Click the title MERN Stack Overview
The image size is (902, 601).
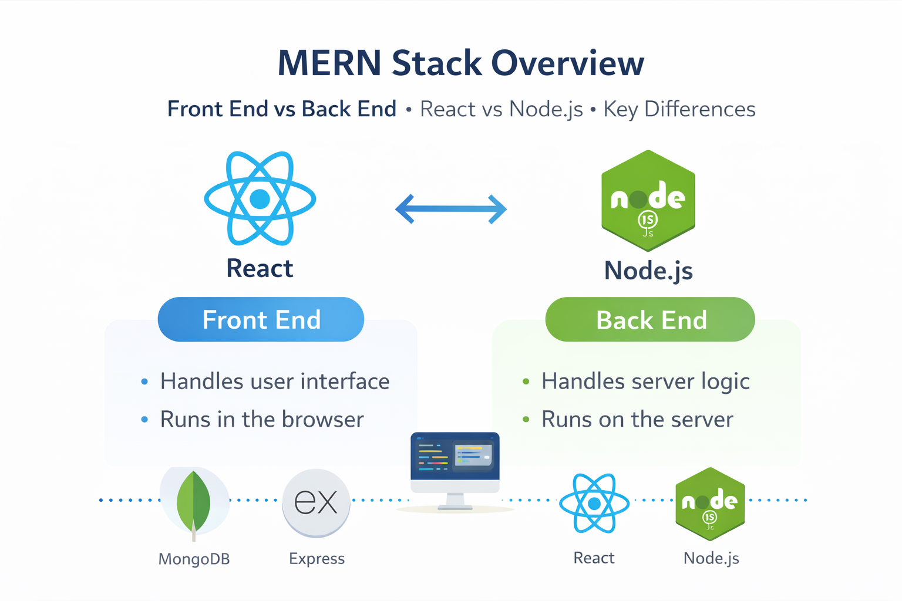pyautogui.click(x=460, y=63)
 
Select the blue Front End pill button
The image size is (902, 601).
pyautogui.click(x=261, y=320)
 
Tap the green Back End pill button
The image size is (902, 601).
pyautogui.click(x=650, y=320)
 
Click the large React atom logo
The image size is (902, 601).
pyautogui.click(x=260, y=198)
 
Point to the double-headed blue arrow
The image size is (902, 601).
pyautogui.click(x=451, y=209)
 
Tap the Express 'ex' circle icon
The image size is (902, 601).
pyautogui.click(x=316, y=502)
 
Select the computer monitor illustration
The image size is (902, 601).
pyautogui.click(x=455, y=470)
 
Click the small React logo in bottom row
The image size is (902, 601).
pyautogui.click(x=594, y=503)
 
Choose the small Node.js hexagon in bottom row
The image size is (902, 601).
pyautogui.click(x=710, y=504)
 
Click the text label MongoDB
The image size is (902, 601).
pyautogui.click(x=194, y=559)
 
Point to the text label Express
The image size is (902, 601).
pyautogui.click(x=317, y=559)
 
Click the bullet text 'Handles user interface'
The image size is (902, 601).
pyautogui.click(x=275, y=381)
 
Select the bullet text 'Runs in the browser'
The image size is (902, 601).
pyautogui.click(x=262, y=420)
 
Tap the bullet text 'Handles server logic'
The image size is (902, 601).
pyautogui.click(x=645, y=381)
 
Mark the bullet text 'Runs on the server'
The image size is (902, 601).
pyautogui.click(x=637, y=420)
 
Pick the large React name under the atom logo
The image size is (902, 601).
pyautogui.click(x=260, y=268)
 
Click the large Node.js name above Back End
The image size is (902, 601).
pyautogui.click(x=648, y=271)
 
